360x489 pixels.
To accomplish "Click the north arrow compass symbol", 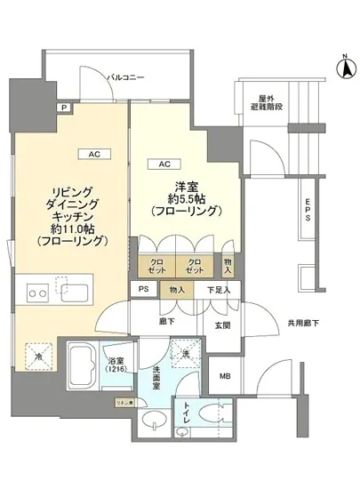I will (x=342, y=64).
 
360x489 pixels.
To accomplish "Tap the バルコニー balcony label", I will (x=126, y=78).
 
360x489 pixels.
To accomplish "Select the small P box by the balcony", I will (x=63, y=108).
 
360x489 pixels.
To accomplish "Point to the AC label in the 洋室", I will (x=165, y=164).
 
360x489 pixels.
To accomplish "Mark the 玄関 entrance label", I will (x=221, y=325).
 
